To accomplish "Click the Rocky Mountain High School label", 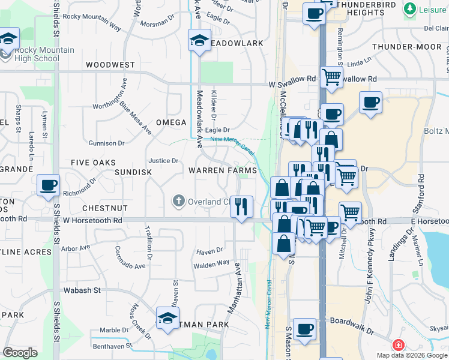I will click(x=37, y=54).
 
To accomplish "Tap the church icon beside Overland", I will click(x=178, y=201).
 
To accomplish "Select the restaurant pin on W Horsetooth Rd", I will click(x=241, y=206).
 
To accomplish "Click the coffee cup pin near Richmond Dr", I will click(x=48, y=185).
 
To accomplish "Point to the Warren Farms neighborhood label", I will click(x=223, y=170).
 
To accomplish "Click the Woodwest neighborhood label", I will click(x=110, y=64).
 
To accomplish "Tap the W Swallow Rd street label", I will click(x=292, y=79).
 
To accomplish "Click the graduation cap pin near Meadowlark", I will click(x=199, y=41).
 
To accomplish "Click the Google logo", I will click(x=20, y=352).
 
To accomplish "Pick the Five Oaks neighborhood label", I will click(x=93, y=163).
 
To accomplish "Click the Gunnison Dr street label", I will click(x=106, y=143).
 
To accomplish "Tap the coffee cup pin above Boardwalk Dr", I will click(x=305, y=329).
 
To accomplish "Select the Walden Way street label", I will click(x=211, y=263).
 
